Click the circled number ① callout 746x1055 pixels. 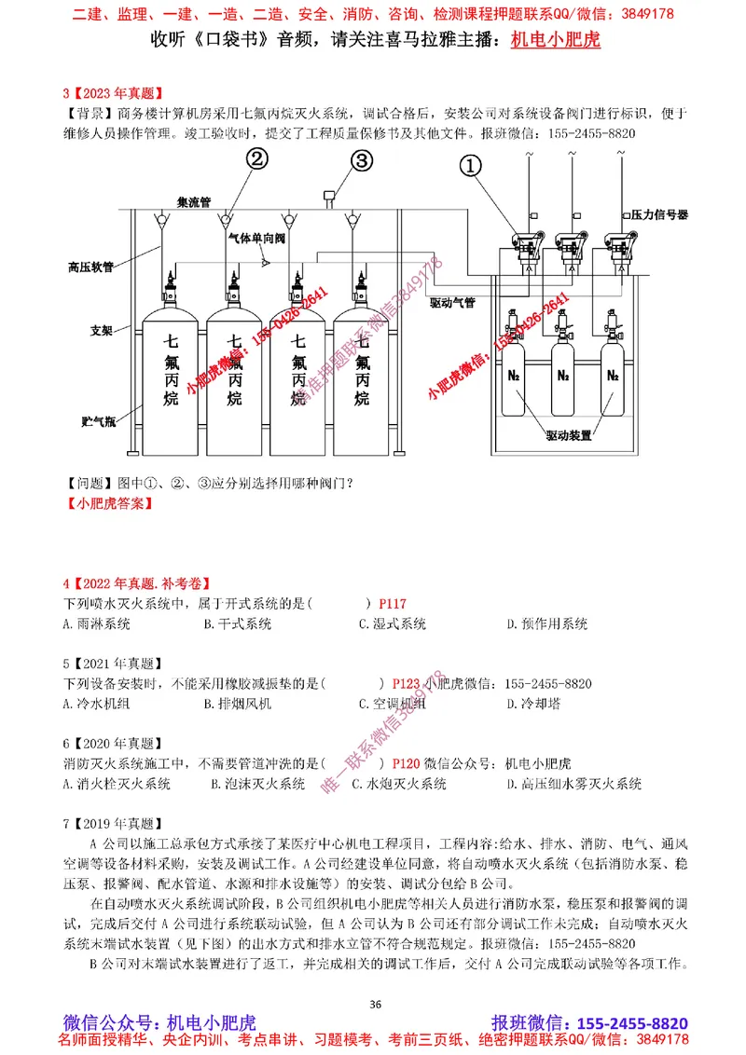tap(472, 164)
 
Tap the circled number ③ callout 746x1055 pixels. tap(361, 159)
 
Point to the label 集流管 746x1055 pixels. tap(196, 200)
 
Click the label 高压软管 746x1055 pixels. tap(90, 267)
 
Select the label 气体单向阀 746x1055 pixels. tap(256, 239)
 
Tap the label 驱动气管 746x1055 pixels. tap(452, 303)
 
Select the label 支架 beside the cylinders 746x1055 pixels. tap(102, 330)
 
